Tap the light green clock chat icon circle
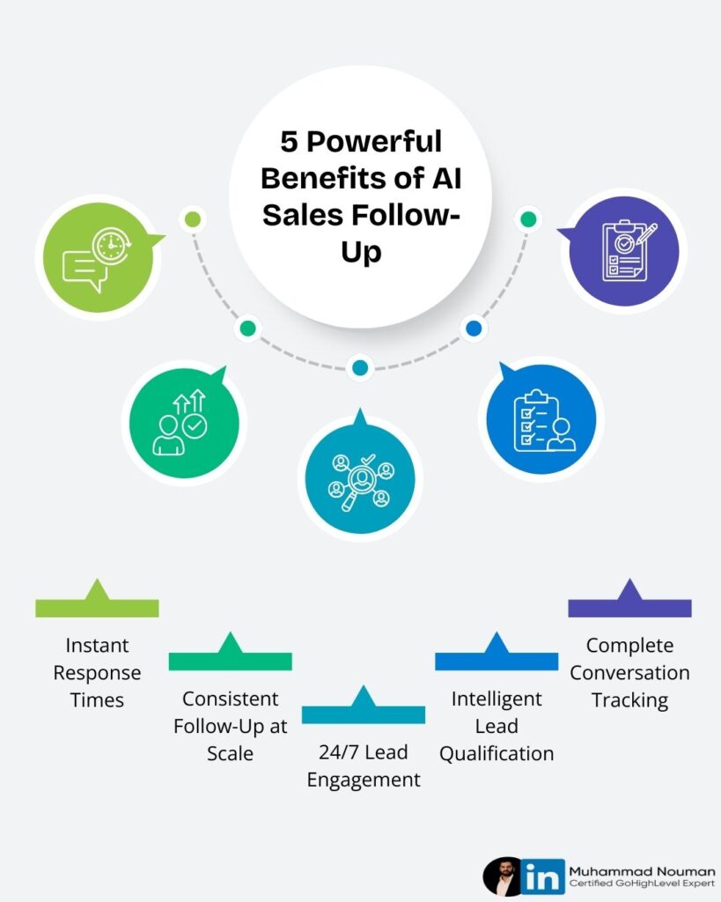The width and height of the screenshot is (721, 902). [98, 256]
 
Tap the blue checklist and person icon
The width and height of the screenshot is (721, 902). [541, 418]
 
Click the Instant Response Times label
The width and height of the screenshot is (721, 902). [97, 673]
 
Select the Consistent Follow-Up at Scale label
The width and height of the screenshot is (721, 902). [230, 726]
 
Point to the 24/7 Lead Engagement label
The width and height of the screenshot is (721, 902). [364, 766]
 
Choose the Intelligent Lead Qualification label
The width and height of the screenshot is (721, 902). [497, 726]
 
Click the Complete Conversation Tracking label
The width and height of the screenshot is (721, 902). [629, 673]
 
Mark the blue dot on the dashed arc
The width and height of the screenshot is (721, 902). [474, 329]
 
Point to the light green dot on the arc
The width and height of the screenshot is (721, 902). [193, 219]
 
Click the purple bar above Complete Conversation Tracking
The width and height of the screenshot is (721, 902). [629, 607]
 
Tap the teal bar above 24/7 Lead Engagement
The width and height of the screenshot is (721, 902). [364, 713]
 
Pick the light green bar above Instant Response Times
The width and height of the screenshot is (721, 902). [97, 607]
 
